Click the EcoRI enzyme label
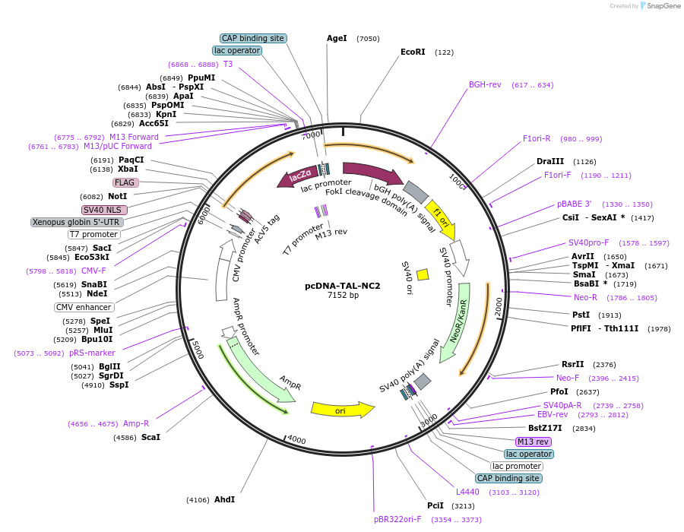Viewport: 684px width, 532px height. [x=413, y=52]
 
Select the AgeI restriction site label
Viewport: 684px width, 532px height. [x=337, y=38]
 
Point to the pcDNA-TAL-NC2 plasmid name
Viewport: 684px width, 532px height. [x=342, y=286]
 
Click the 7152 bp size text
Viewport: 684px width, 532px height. [x=343, y=295]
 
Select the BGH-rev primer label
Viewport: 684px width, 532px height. [x=485, y=85]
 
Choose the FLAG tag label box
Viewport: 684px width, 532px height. [x=126, y=182]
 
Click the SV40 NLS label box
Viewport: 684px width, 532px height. [x=105, y=210]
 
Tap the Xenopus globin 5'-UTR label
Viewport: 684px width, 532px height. [x=76, y=222]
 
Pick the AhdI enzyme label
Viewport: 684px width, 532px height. [x=224, y=499]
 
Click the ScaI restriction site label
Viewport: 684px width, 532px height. [x=150, y=437]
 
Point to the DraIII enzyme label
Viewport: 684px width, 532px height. [x=550, y=161]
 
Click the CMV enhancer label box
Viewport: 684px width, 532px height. [x=84, y=308]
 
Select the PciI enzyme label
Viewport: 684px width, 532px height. [x=435, y=505]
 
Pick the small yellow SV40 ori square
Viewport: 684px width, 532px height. [x=423, y=274]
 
